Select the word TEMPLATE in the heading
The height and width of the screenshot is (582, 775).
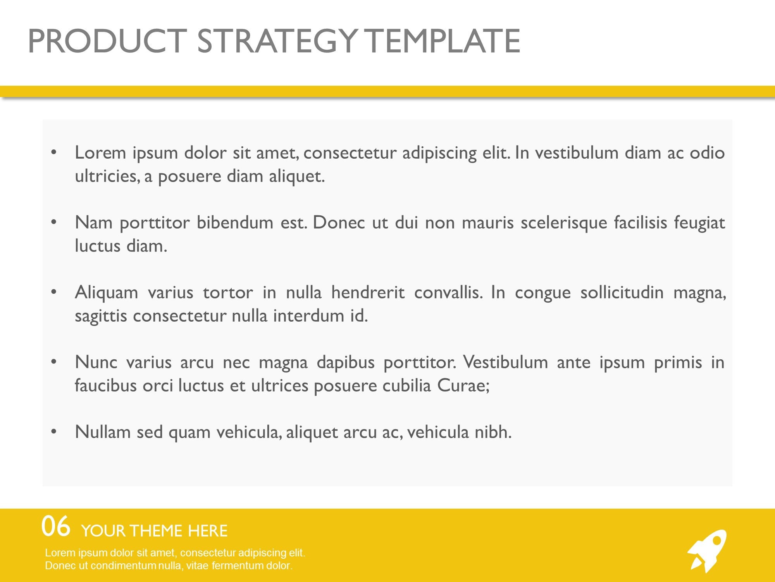coord(443,41)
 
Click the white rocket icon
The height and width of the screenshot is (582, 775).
coord(707,551)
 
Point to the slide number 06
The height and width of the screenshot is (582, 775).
coord(56,527)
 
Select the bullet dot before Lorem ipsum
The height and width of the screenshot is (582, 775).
coord(54,152)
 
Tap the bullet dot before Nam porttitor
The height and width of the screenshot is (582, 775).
coord(54,222)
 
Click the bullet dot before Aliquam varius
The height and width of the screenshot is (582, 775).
coord(54,292)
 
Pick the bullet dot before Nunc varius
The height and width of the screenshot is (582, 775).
coord(54,362)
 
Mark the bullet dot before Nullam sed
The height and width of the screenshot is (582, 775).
coord(54,432)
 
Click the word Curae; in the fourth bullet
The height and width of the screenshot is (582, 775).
coord(463,386)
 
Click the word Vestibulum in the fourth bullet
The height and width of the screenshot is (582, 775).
coord(506,362)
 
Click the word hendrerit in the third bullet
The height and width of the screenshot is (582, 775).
coord(368,292)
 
